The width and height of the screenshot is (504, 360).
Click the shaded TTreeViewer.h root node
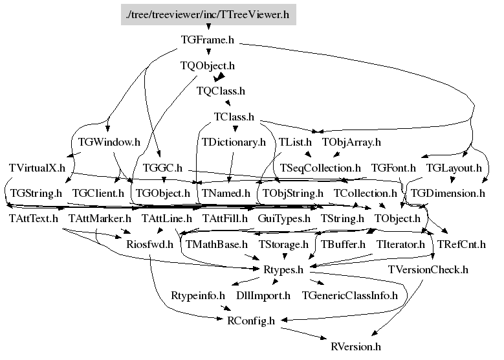208,14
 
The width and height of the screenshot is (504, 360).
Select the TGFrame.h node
208,40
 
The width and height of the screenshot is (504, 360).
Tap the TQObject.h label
208,65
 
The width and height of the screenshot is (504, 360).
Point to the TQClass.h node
221,91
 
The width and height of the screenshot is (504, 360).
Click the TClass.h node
234,117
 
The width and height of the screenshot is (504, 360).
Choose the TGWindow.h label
109,142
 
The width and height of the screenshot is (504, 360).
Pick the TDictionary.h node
234,142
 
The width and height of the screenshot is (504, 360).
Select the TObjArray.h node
351,142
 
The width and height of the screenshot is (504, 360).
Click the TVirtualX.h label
37,168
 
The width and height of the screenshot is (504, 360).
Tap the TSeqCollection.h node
320,168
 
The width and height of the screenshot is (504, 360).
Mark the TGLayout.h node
454,168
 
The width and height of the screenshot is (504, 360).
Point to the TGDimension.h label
448,193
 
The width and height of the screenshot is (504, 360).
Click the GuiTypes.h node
284,219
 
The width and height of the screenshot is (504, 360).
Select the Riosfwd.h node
150,244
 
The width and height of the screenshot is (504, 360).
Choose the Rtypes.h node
283,269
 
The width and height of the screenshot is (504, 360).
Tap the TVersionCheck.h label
428,269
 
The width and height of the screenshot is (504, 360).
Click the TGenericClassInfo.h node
350,295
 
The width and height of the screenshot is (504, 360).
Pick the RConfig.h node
251,321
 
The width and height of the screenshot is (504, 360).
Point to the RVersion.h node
356,346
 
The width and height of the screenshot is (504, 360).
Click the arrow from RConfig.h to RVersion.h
303,333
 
